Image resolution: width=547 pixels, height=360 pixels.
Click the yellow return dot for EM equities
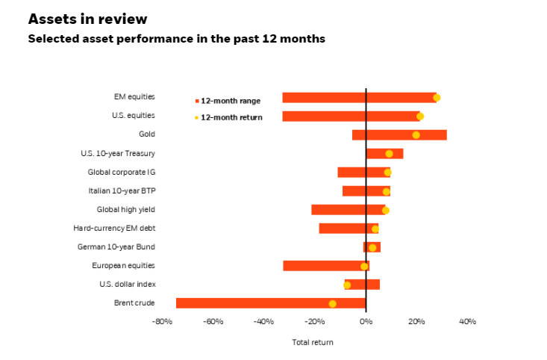tap(437, 97)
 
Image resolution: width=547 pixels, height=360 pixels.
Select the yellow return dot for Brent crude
tap(332, 303)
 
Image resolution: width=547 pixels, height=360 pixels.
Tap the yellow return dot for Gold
tap(416, 135)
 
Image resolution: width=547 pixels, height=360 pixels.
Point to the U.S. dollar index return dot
tap(347, 285)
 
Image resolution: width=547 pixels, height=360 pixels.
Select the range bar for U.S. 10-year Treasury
tap(384, 154)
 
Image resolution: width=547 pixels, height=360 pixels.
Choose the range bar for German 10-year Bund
tap(372, 247)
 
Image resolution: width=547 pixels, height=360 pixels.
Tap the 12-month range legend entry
tap(228, 100)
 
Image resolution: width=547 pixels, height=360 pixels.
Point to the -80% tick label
tap(162, 321)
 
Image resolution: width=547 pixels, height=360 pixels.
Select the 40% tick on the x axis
tap(467, 321)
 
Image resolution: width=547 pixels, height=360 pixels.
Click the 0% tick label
tap(366, 321)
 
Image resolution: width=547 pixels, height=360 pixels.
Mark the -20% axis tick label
tap(314, 321)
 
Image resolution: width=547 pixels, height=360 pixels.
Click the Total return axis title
tap(313, 342)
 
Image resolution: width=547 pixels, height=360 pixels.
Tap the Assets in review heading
tap(87, 19)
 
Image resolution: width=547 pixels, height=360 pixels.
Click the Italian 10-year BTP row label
tap(122, 190)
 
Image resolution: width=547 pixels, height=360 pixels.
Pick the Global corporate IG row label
tap(121, 172)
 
